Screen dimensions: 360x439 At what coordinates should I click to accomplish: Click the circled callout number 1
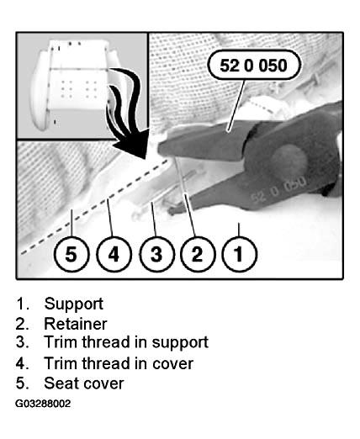[x=239, y=254]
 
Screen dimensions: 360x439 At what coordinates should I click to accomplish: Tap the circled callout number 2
[x=198, y=254]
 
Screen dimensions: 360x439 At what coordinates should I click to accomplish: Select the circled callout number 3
[x=156, y=254]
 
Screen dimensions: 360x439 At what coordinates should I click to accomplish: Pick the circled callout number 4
[x=114, y=254]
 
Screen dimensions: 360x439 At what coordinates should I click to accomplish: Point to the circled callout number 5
[x=71, y=254]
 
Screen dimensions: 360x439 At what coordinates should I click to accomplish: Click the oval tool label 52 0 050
[x=254, y=65]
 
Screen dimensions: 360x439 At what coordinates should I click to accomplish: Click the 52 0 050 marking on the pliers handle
[x=278, y=188]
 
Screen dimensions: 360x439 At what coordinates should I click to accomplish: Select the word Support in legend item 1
[x=74, y=304]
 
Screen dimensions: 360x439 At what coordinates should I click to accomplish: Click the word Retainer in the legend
[x=76, y=324]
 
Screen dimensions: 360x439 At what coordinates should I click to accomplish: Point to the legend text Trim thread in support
[x=126, y=342]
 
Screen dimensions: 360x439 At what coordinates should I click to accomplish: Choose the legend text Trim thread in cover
[x=119, y=363]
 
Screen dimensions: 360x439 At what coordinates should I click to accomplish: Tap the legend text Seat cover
[x=84, y=383]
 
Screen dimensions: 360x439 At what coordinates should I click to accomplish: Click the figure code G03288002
[x=43, y=404]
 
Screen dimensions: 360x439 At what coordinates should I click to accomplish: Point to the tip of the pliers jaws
[x=160, y=148]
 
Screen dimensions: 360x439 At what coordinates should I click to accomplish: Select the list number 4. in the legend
[x=23, y=363]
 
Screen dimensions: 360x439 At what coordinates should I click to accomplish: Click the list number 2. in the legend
[x=23, y=324]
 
